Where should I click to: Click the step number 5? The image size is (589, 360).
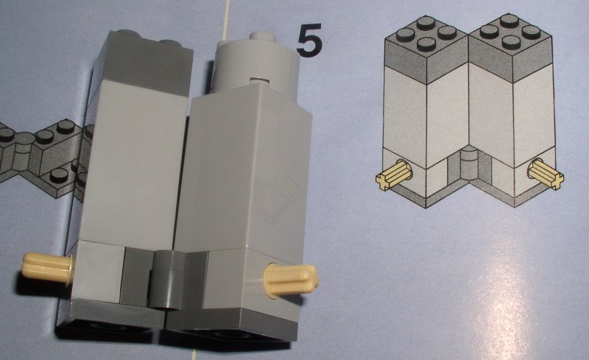point(309,39)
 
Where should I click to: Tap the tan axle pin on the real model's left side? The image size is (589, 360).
point(48,267)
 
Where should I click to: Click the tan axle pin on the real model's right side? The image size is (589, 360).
point(291,280)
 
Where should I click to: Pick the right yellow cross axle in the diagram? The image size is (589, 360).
point(546,174)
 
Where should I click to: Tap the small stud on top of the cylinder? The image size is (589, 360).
point(262,37)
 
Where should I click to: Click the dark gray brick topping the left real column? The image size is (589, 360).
point(144,62)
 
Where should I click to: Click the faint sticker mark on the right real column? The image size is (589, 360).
point(279,195)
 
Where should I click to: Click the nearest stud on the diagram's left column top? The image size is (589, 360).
point(426,43)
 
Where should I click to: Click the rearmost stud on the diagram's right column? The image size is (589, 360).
point(509,20)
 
